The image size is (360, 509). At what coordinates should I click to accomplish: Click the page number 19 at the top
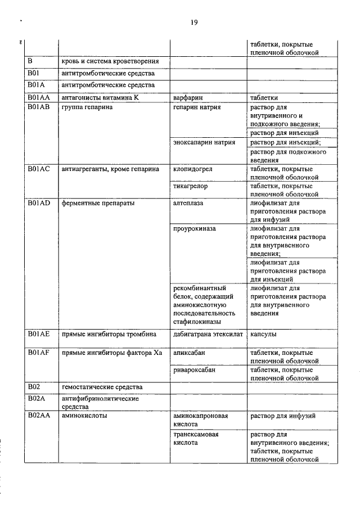click(193, 22)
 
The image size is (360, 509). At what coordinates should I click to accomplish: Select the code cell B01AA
click(39, 97)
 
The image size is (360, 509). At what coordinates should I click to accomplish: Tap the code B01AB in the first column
click(39, 106)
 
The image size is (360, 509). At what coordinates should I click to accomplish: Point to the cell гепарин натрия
click(197, 106)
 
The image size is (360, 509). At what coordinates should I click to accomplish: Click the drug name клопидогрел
click(193, 169)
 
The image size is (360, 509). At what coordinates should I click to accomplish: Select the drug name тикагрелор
click(192, 186)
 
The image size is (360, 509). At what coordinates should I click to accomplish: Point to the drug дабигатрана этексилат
click(208, 334)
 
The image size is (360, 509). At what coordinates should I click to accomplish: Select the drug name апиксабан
click(190, 353)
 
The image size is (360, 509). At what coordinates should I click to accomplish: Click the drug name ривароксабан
click(195, 371)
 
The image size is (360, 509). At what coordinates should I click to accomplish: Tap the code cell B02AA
click(39, 416)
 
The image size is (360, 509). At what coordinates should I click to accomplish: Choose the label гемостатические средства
click(102, 388)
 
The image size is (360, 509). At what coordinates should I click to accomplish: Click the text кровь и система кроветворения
click(110, 61)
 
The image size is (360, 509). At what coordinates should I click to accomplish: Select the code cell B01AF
click(39, 353)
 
